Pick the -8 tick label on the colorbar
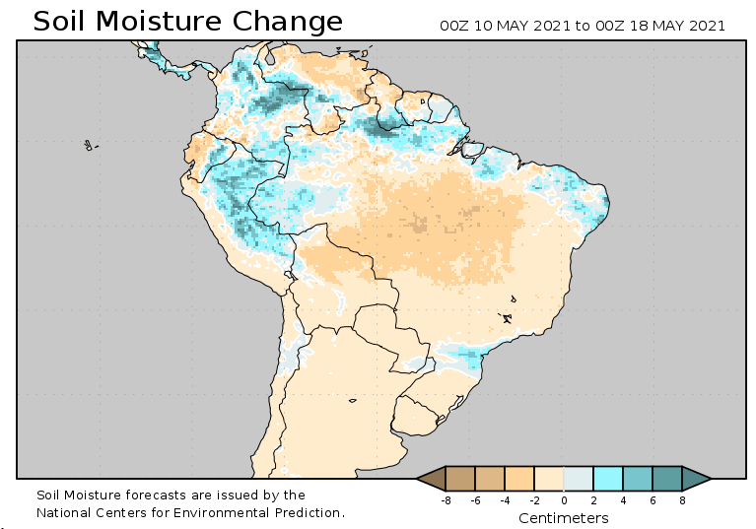coord(446,500)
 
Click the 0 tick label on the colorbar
coord(564,500)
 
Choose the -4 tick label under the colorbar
coord(505,500)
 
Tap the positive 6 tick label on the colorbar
coord(653,500)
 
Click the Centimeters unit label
coord(564,518)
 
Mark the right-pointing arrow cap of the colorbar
coord(697,479)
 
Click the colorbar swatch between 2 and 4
coord(608,479)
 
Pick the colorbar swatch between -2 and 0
coord(549,479)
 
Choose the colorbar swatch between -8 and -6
coord(460,479)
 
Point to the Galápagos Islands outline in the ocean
coord(89,146)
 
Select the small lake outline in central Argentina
coord(352,400)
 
